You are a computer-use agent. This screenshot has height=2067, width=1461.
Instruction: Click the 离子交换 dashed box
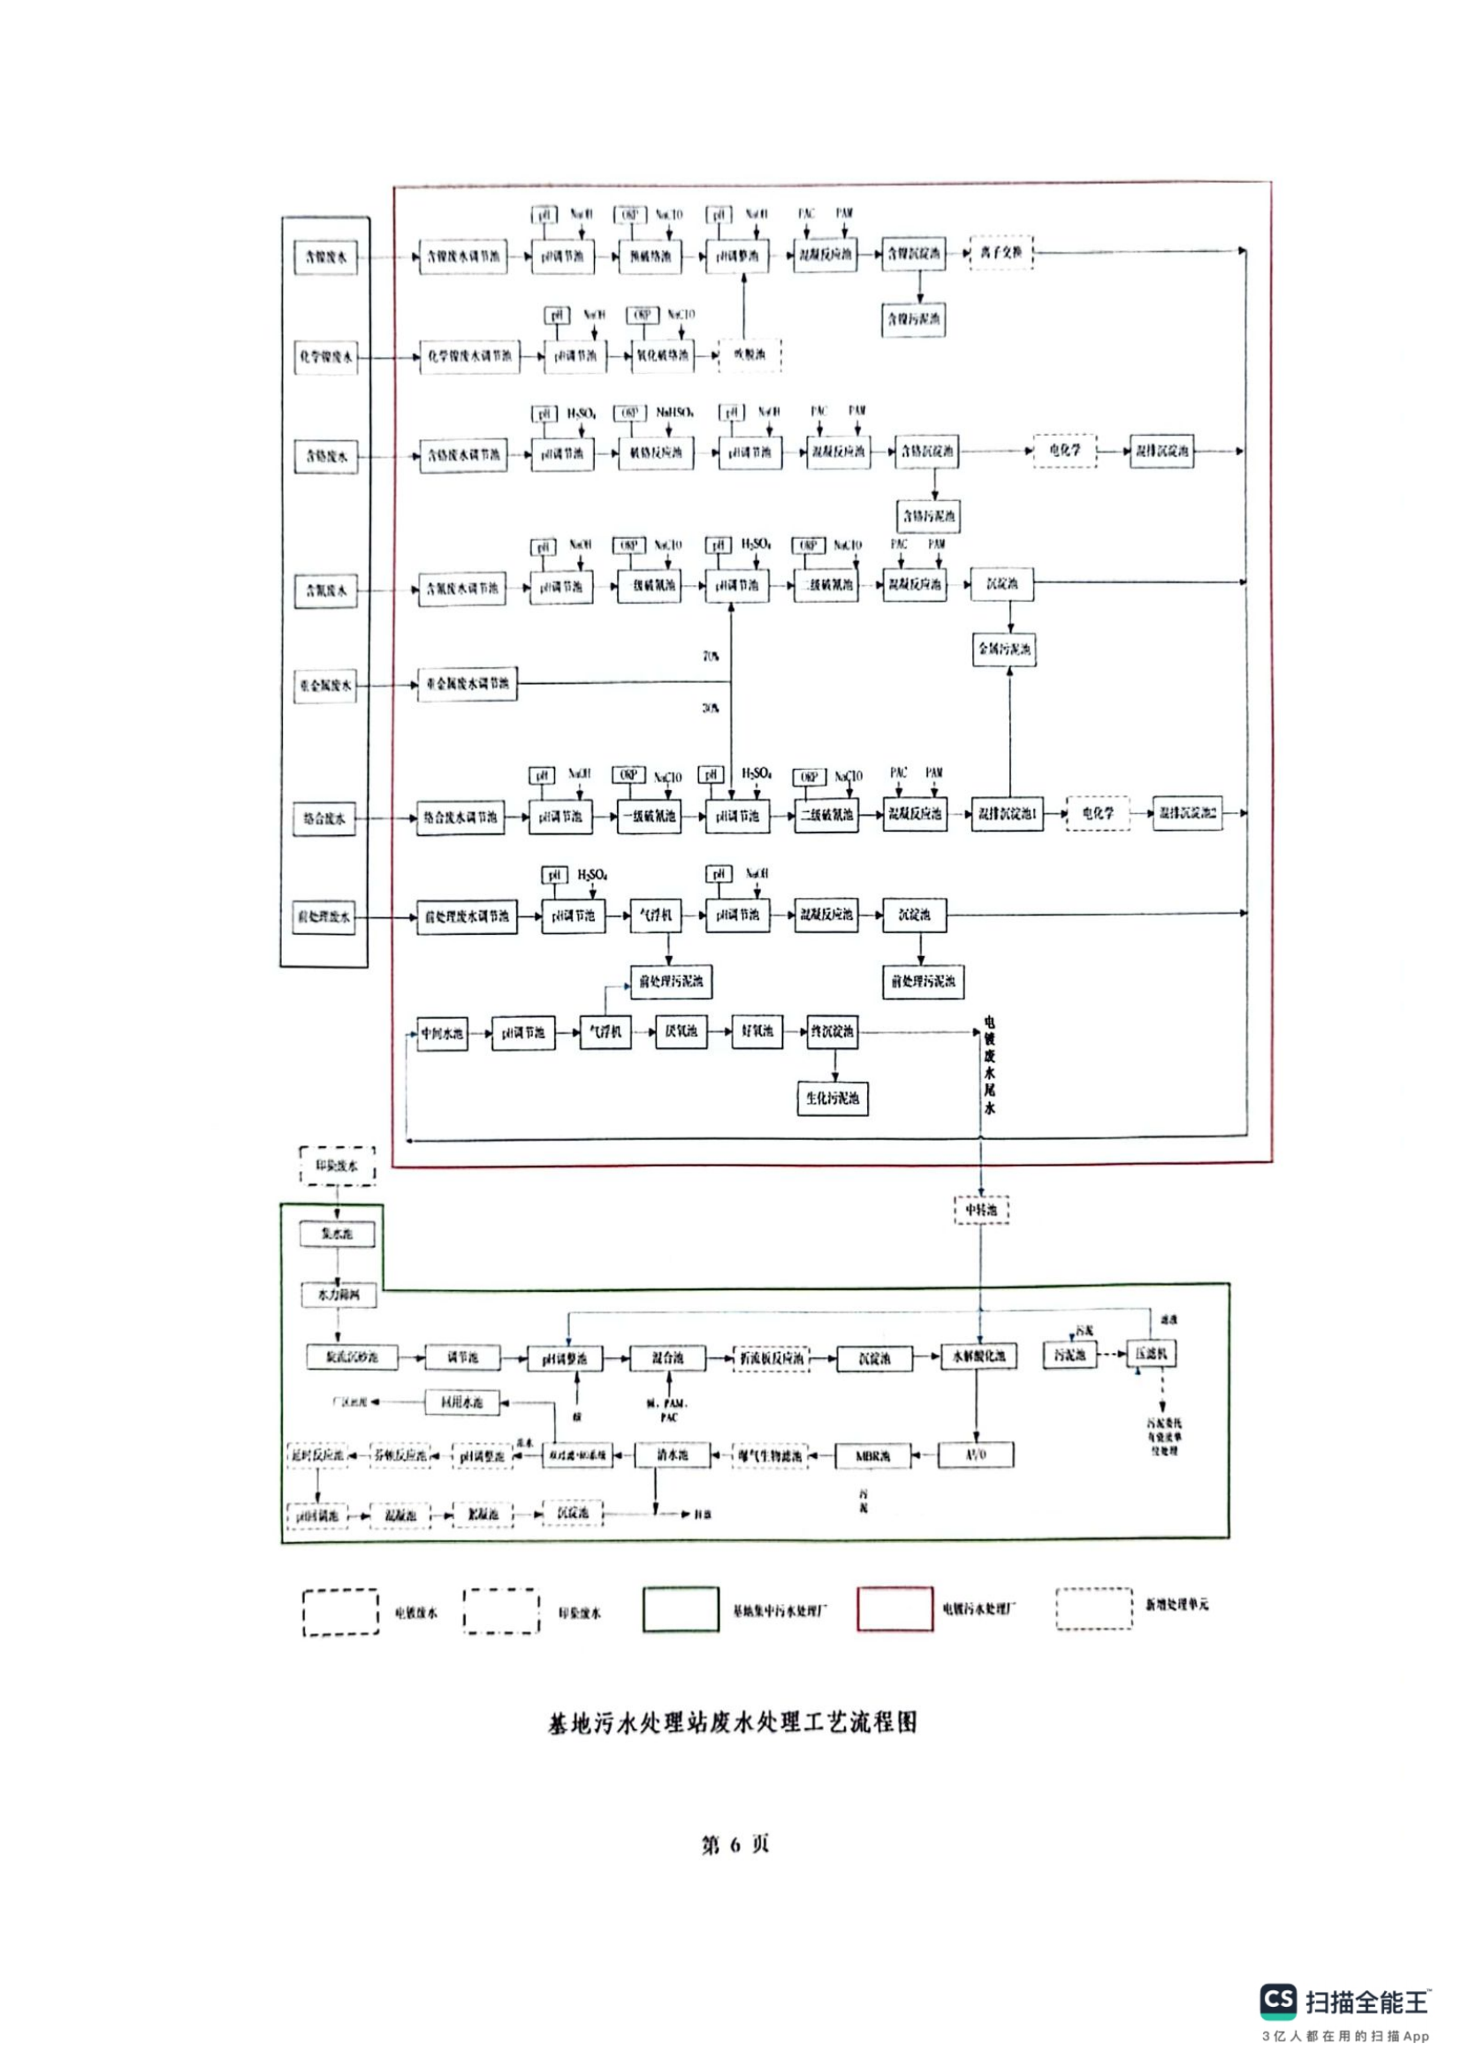click(x=1001, y=253)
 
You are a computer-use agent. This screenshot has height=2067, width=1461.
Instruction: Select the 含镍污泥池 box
click(x=914, y=319)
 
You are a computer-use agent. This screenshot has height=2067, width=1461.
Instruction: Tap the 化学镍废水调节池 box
click(x=469, y=356)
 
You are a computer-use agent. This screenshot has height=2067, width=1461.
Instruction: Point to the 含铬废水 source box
click(x=325, y=456)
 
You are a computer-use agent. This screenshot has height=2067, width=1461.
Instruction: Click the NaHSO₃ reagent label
click(x=674, y=413)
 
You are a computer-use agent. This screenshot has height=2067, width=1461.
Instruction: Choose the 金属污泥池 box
click(x=1005, y=648)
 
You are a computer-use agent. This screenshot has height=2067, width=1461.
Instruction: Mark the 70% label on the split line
click(x=711, y=657)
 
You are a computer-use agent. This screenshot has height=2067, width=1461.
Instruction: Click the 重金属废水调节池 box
click(x=468, y=684)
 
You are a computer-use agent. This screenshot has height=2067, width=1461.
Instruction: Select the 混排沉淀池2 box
click(x=1187, y=813)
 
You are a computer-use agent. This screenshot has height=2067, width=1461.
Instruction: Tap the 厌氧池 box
click(x=681, y=1031)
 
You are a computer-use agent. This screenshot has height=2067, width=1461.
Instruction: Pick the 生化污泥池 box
click(x=833, y=1098)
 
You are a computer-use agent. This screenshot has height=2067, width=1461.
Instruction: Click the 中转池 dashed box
click(x=981, y=1210)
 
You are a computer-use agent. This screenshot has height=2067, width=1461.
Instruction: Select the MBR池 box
click(x=871, y=1455)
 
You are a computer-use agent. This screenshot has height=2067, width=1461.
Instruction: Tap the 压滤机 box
click(x=1152, y=1354)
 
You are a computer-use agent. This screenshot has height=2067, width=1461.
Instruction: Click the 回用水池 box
click(x=461, y=1402)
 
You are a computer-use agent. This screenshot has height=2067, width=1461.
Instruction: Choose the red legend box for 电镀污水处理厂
click(x=894, y=1608)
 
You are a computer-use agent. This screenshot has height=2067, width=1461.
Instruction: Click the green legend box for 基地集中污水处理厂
click(x=681, y=1608)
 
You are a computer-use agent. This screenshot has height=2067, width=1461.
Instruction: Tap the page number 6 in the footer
click(x=734, y=1844)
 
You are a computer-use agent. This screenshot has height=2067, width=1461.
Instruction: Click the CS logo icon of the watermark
click(x=1279, y=2002)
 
